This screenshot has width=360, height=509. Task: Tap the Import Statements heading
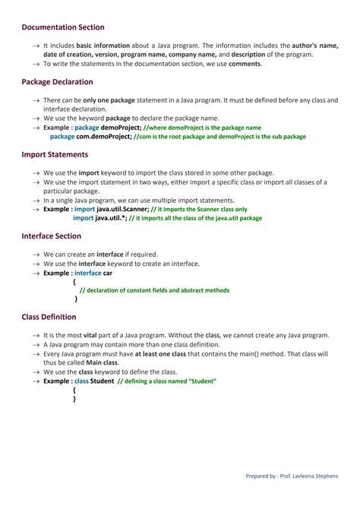point(55,154)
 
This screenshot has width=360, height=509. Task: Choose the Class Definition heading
point(49,317)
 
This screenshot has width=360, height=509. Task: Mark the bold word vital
point(92,335)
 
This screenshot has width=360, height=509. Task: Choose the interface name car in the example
point(108,273)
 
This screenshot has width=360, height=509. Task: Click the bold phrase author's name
point(314,46)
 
